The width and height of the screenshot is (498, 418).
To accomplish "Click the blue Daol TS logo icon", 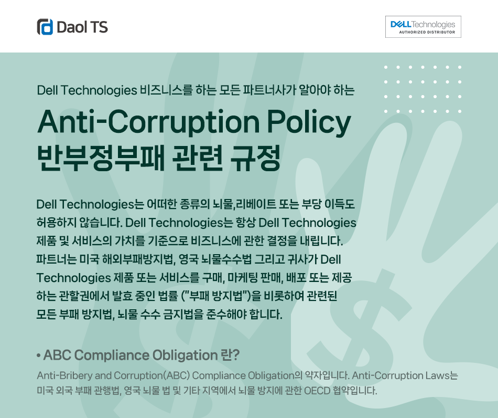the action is [45, 27].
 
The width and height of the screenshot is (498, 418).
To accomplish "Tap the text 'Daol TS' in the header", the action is [82, 27].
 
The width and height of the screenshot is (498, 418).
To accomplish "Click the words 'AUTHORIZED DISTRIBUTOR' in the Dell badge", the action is [427, 32].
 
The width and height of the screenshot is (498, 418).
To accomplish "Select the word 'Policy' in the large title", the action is [308, 122].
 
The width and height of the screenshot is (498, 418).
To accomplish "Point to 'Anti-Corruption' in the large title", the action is [149, 122].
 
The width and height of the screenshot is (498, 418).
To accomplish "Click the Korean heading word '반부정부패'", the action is [101, 158].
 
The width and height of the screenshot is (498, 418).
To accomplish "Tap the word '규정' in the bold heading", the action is [255, 158].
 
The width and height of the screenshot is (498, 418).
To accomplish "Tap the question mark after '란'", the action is [235, 356].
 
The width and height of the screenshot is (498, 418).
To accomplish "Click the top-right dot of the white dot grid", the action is [460, 67].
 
